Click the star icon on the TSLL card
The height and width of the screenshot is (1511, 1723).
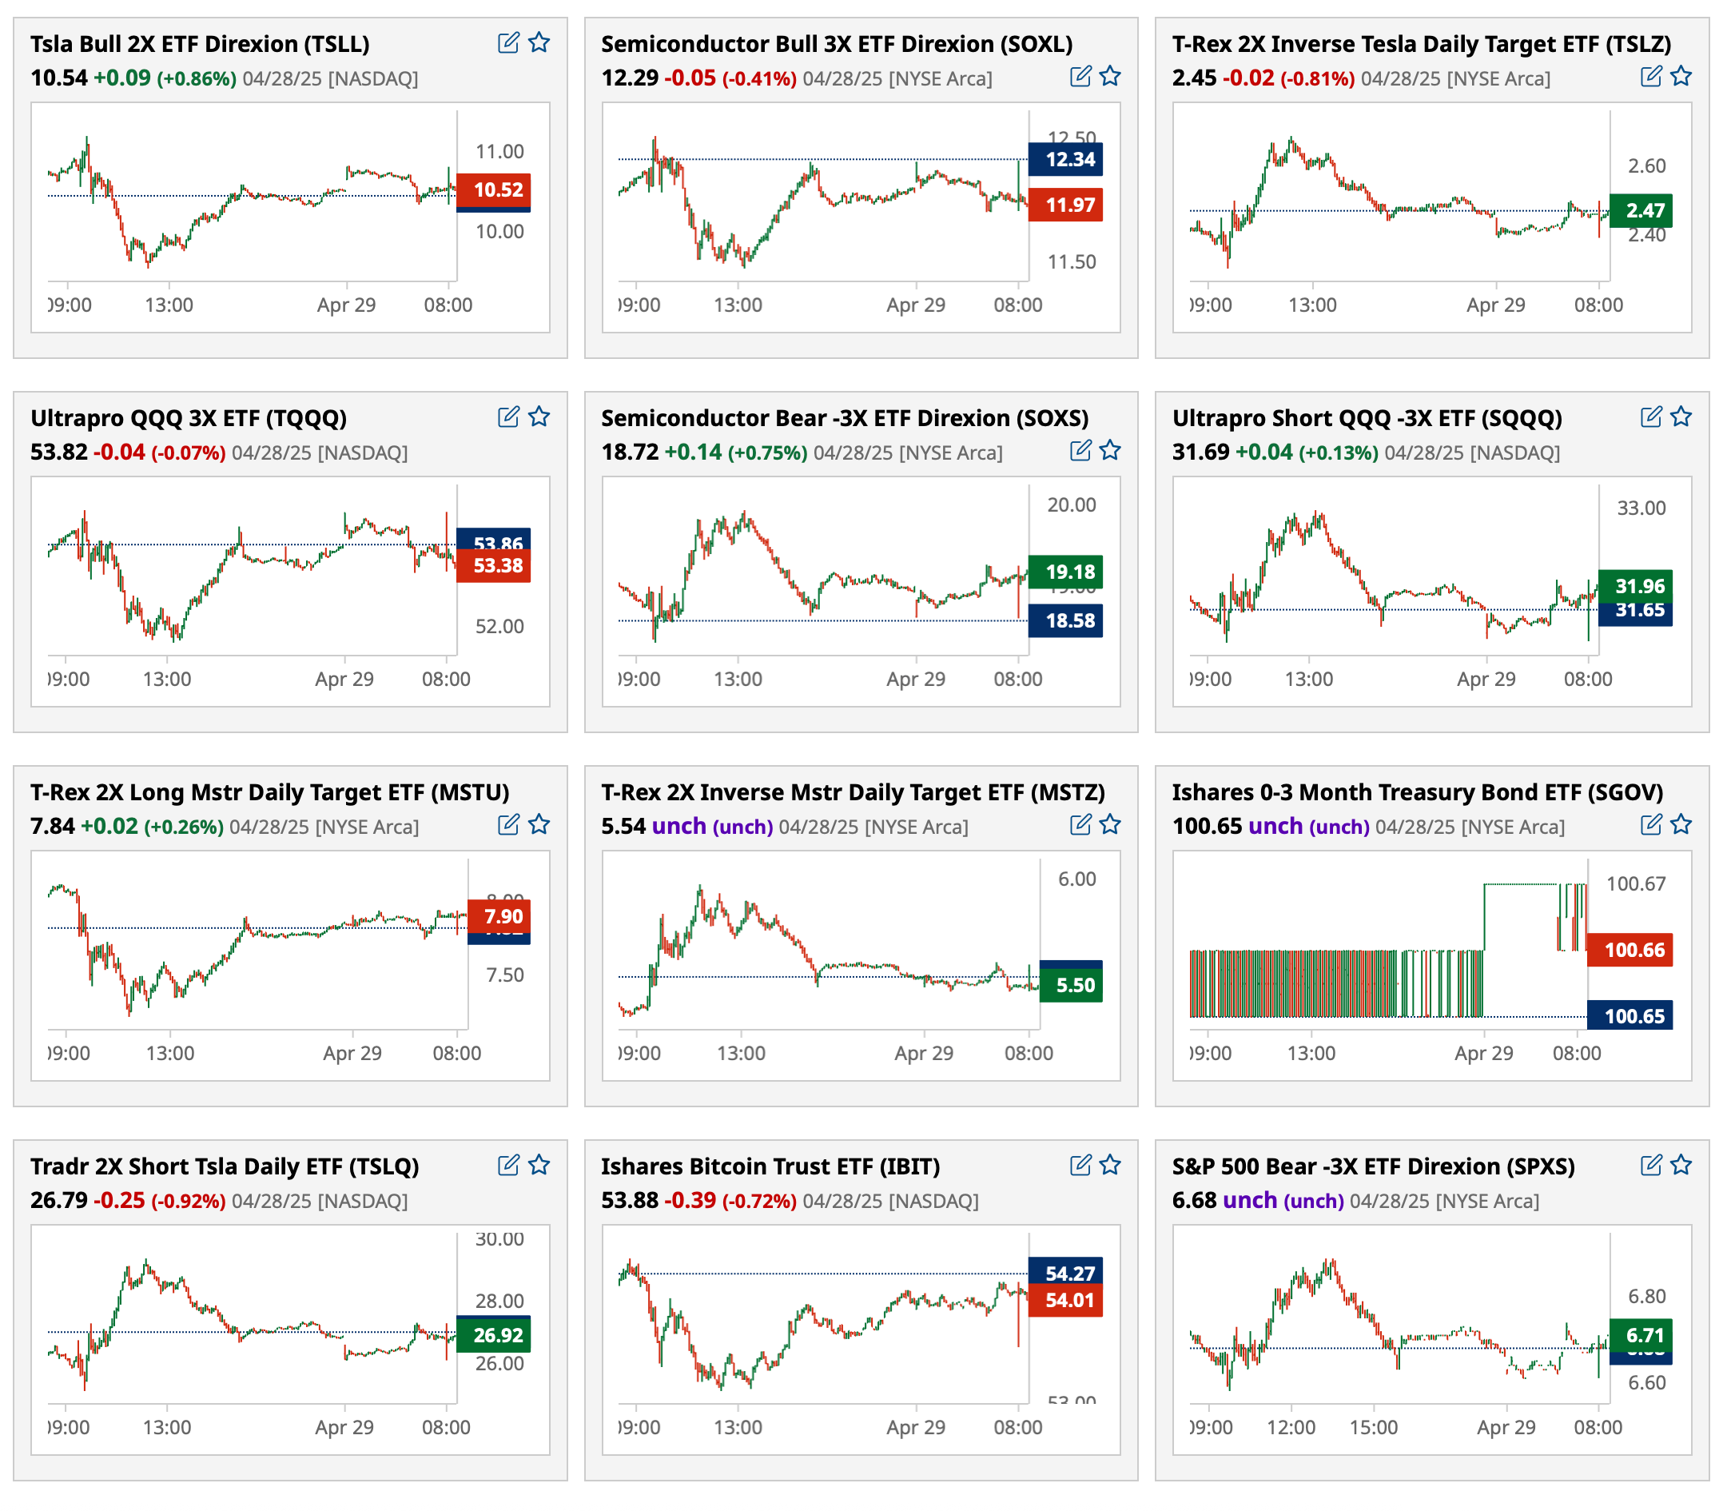(x=539, y=42)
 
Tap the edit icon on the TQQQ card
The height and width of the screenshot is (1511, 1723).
(x=508, y=417)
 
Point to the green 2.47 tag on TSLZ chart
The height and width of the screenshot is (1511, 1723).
(x=1641, y=211)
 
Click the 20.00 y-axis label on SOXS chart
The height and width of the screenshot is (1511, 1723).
(x=1072, y=505)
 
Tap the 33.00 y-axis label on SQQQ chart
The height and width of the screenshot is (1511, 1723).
(x=1641, y=508)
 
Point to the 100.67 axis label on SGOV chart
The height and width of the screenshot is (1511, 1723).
(x=1635, y=883)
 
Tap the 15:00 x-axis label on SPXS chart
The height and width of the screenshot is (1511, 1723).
(x=1373, y=1428)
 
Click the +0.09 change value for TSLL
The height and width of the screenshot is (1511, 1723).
(x=121, y=78)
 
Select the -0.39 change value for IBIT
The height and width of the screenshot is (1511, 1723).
(x=690, y=1201)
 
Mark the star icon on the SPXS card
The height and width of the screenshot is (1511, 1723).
(x=1681, y=1166)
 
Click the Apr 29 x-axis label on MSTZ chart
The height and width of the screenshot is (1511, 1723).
(x=924, y=1053)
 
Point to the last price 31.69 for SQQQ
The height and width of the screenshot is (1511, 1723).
(x=1200, y=453)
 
